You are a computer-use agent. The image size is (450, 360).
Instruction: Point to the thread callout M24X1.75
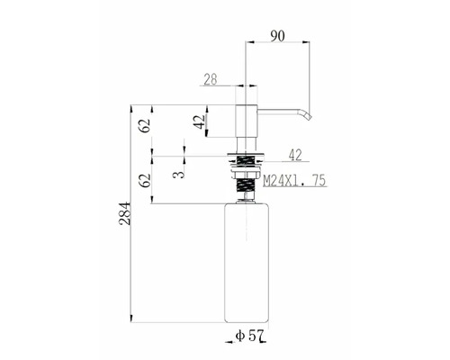point(293,181)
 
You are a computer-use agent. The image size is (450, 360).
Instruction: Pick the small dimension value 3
point(180,166)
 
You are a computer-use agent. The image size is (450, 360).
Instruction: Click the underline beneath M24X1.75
point(293,189)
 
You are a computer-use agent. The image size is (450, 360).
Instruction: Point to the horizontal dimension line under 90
point(278,41)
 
